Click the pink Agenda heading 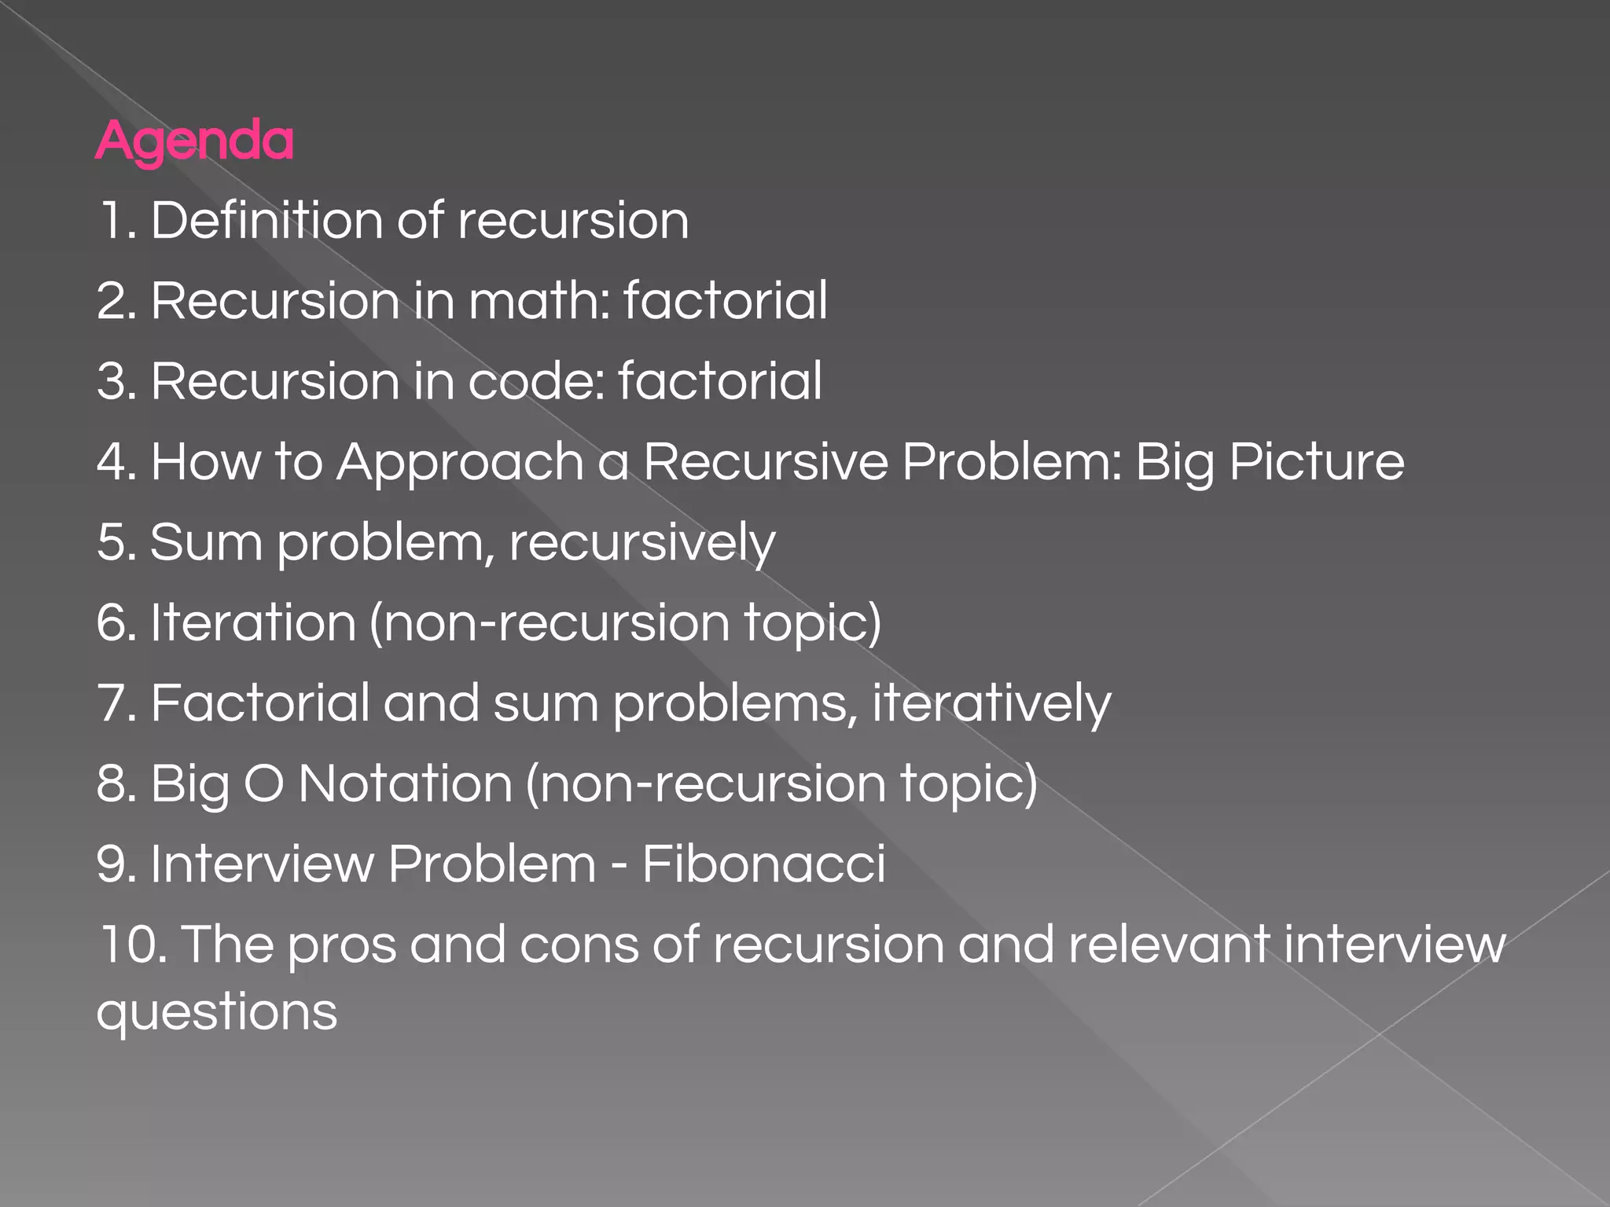pyautogui.click(x=194, y=141)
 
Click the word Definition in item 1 pyautogui.click(x=266, y=220)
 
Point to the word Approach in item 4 pyautogui.click(x=460, y=462)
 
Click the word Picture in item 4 pyautogui.click(x=1317, y=462)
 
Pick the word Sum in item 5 pyautogui.click(x=206, y=543)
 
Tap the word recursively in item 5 pyautogui.click(x=641, y=543)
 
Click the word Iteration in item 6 pyautogui.click(x=253, y=623)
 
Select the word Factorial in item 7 pyautogui.click(x=260, y=703)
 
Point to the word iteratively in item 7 pyautogui.click(x=991, y=703)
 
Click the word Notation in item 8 pyautogui.click(x=405, y=784)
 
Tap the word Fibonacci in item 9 pyautogui.click(x=763, y=864)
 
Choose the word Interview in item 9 pyautogui.click(x=262, y=864)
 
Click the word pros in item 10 pyautogui.click(x=341, y=945)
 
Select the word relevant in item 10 pyautogui.click(x=1168, y=945)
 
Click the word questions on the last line pyautogui.click(x=217, y=1012)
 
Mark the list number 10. pyautogui.click(x=128, y=945)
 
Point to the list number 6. pyautogui.click(x=115, y=623)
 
